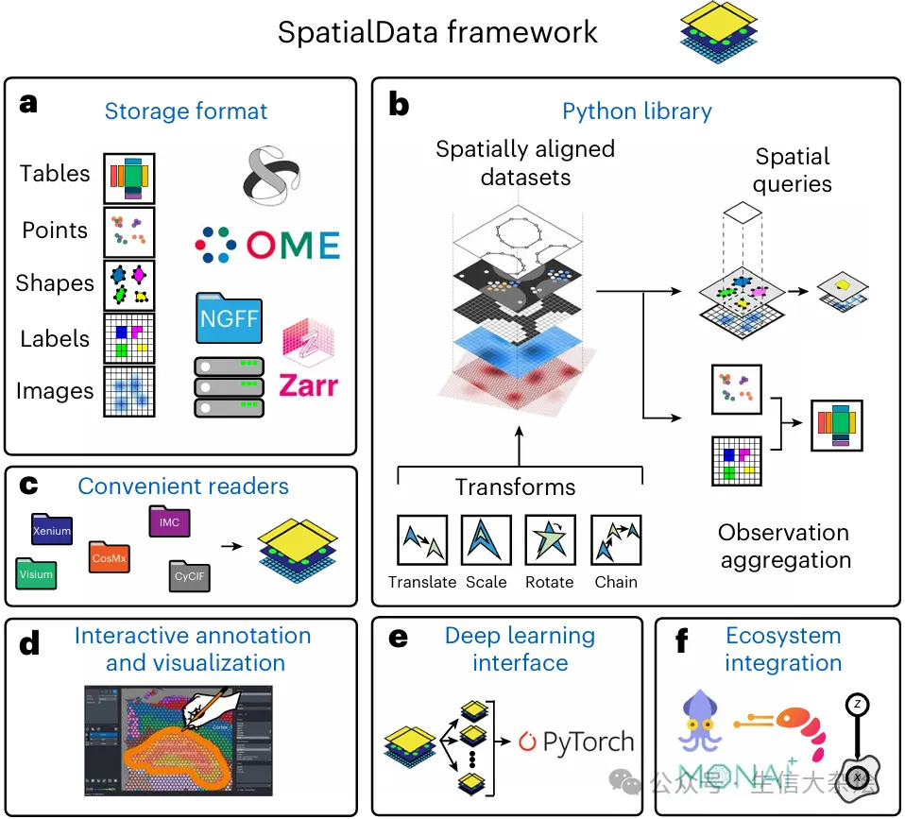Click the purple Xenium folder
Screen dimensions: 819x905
coord(52,529)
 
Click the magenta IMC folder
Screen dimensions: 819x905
coord(170,521)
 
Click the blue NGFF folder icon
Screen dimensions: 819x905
coord(229,317)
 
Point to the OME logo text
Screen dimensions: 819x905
coord(293,246)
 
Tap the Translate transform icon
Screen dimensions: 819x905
coord(421,540)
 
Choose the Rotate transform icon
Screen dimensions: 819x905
coord(550,540)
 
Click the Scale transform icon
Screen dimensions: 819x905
coord(486,540)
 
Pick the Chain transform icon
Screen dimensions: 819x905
coord(616,540)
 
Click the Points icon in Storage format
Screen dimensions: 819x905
coord(128,231)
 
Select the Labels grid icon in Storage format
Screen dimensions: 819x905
coord(128,338)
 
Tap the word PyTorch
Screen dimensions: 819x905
coord(588,742)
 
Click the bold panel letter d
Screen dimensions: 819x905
coord(29,645)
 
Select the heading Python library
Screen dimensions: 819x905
coord(637,111)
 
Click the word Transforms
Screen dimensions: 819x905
coord(515,487)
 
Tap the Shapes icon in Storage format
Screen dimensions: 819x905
coord(128,284)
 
